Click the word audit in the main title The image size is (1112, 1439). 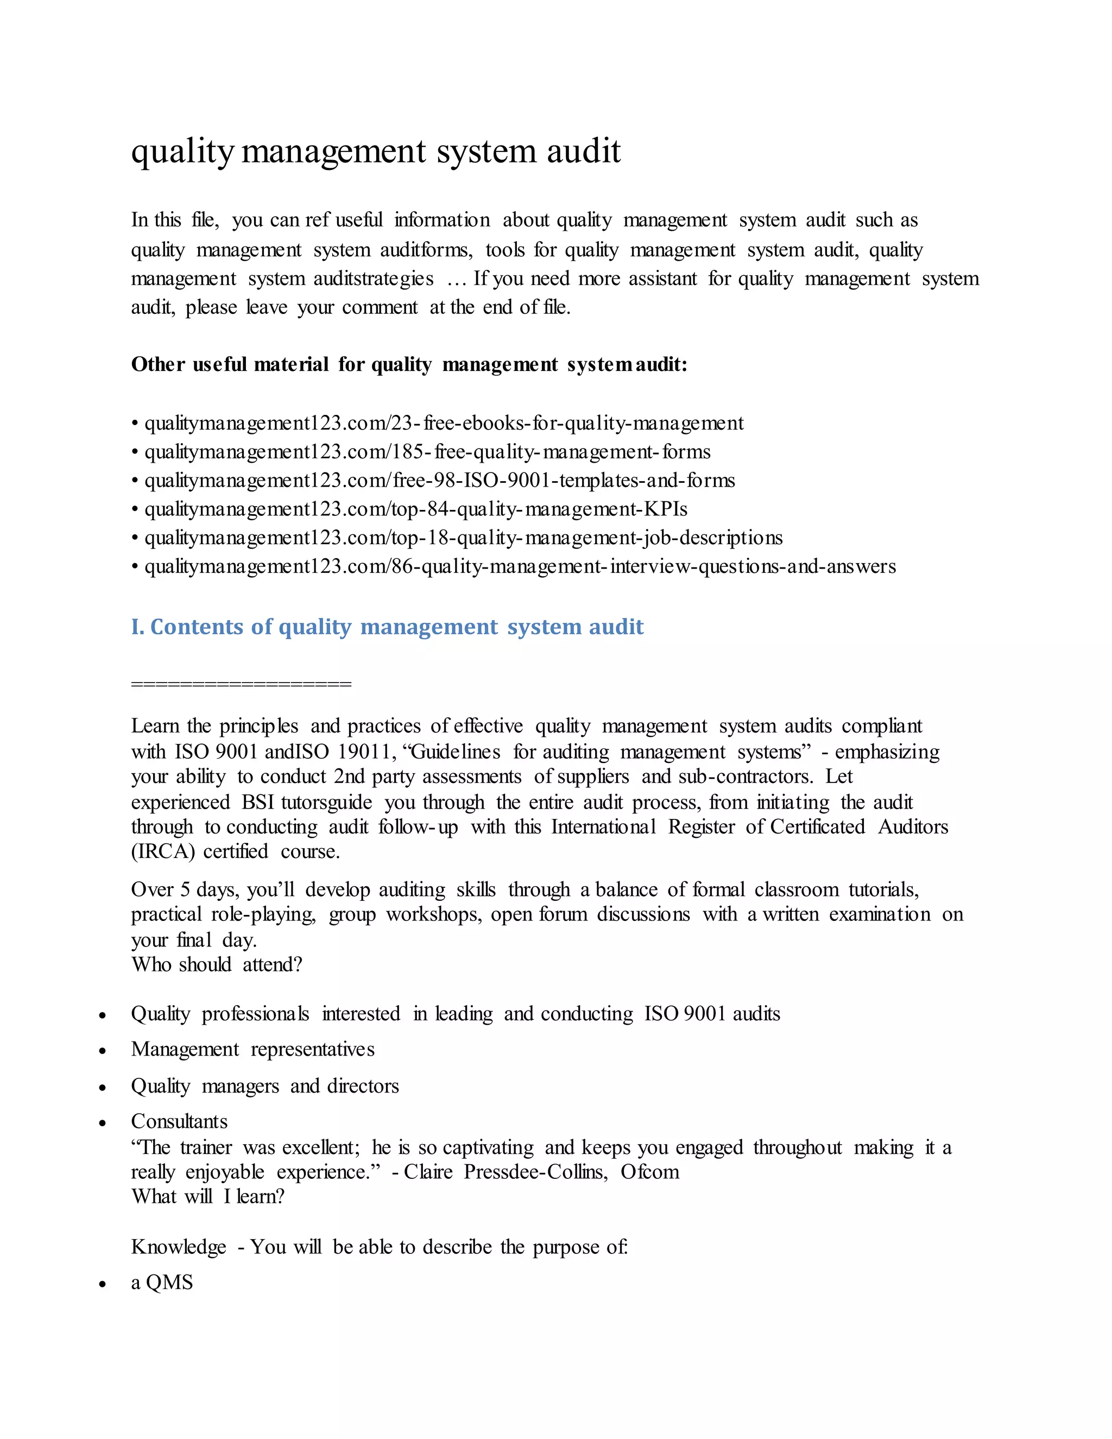(x=584, y=152)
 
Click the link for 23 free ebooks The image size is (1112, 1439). (x=444, y=423)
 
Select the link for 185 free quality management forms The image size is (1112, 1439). (x=427, y=452)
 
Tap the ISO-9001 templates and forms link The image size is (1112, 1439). (x=439, y=481)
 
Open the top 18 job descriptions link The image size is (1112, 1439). (x=463, y=538)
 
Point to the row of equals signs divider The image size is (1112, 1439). (x=241, y=683)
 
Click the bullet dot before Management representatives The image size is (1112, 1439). (x=102, y=1051)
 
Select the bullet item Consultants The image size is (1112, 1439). (x=179, y=1121)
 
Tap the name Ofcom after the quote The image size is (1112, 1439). (x=649, y=1172)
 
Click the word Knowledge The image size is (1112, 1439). (x=179, y=1247)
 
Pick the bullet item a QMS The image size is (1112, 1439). (x=162, y=1283)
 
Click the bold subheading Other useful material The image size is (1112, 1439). (x=409, y=364)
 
